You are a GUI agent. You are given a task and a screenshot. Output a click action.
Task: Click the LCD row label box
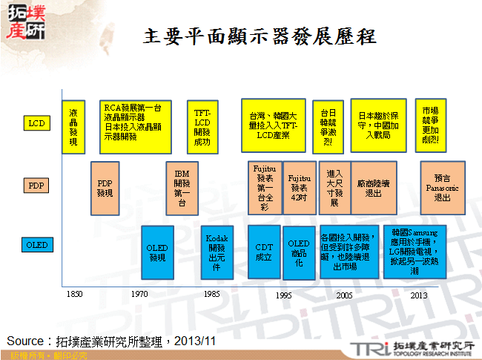click(36, 122)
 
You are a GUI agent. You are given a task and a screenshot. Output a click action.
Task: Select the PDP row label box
click(36, 183)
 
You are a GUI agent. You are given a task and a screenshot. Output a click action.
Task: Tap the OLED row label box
click(36, 245)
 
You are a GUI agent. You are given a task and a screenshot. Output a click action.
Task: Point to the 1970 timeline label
click(139, 295)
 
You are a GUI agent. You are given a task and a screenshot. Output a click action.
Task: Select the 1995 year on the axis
click(283, 295)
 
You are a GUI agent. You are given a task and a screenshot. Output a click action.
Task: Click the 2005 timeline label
click(344, 295)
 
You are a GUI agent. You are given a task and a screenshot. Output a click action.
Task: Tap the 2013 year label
click(419, 295)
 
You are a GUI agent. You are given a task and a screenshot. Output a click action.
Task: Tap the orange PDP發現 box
click(105, 188)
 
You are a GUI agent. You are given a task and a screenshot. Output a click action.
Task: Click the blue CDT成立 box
click(264, 252)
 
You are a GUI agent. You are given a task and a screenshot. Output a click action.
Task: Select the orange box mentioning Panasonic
click(442, 188)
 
